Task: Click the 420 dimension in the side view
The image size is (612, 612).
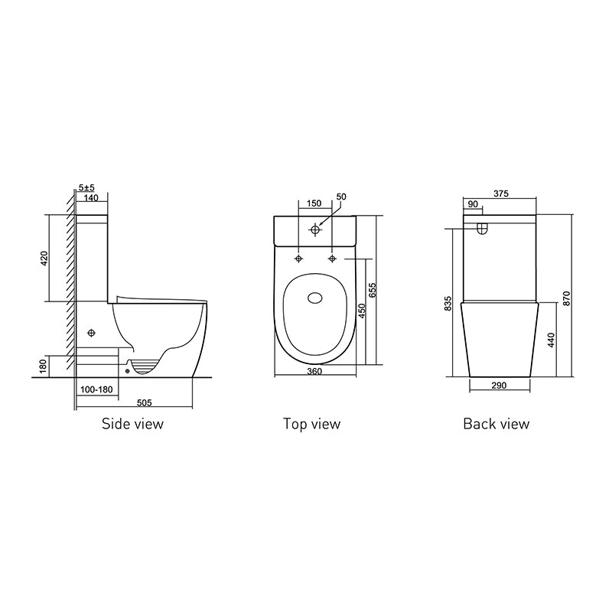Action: tap(44, 259)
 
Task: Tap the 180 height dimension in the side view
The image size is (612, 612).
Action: tap(44, 367)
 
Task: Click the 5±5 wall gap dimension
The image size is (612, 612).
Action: tap(87, 187)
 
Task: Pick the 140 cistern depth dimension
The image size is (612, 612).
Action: tap(93, 197)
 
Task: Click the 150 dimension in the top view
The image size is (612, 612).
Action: tap(314, 203)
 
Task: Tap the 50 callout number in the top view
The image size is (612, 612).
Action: tap(341, 197)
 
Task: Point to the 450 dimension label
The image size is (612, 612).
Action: tap(363, 310)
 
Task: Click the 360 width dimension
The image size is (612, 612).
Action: tap(314, 371)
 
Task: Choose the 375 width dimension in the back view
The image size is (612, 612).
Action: tap(502, 194)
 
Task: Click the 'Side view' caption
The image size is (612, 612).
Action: tap(132, 424)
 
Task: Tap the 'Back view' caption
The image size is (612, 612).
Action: tap(496, 424)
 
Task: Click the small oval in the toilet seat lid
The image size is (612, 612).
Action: tap(314, 299)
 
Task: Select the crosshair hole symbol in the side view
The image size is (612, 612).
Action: tap(92, 333)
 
